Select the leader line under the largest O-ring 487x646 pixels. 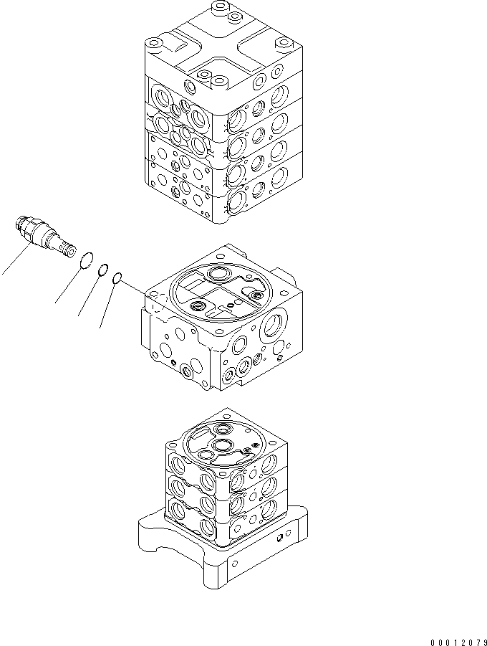coord(69,285)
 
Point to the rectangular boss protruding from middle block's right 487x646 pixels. coord(289,276)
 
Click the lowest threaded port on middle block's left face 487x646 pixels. coord(188,371)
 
